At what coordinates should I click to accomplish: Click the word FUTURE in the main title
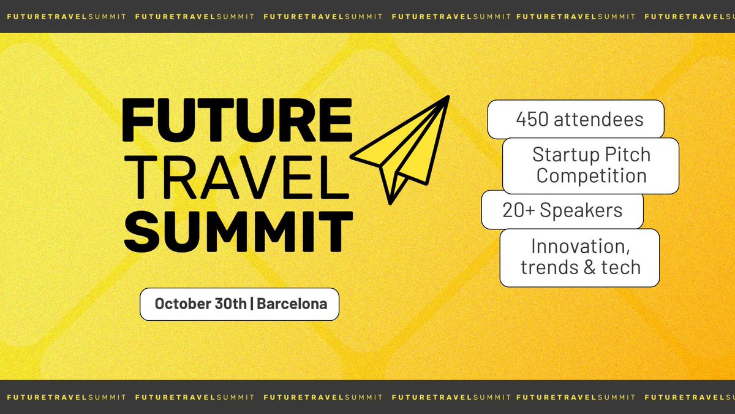click(x=238, y=120)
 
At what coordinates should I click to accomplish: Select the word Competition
click(x=591, y=176)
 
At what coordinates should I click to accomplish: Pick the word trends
click(x=549, y=267)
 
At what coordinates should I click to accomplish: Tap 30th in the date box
click(x=228, y=304)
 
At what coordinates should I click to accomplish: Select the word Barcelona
click(x=292, y=304)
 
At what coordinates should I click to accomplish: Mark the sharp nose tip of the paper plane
click(x=448, y=96)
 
